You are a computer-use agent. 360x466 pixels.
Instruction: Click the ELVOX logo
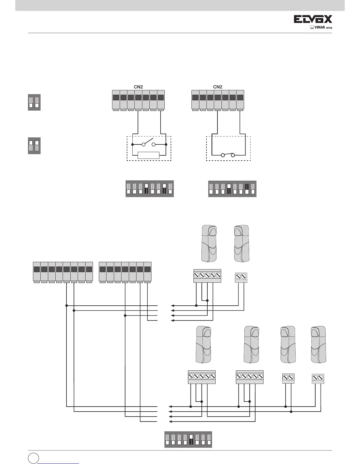(313, 19)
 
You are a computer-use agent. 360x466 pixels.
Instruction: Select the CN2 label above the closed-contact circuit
(217, 87)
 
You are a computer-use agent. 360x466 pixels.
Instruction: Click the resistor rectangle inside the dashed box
(149, 155)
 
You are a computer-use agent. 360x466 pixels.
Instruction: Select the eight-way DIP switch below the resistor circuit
(149, 189)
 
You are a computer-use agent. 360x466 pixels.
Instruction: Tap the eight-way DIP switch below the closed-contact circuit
(232, 189)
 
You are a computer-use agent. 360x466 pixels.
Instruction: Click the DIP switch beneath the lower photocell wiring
(188, 440)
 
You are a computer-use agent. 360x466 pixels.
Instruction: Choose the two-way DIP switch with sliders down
(34, 102)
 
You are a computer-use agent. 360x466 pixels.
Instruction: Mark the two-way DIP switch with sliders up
(34, 146)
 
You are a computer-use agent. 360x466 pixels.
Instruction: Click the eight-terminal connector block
(62, 272)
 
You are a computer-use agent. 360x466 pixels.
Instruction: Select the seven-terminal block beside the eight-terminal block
(125, 272)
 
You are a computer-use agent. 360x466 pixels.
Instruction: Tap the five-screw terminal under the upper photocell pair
(207, 276)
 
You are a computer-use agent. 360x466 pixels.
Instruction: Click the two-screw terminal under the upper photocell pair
(241, 278)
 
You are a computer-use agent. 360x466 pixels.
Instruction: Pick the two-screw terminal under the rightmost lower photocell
(318, 379)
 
